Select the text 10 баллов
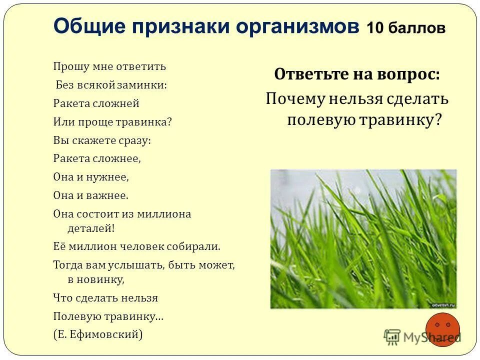(405, 28)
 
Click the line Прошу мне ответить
(109, 66)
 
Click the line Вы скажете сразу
(102, 140)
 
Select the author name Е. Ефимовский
(98, 335)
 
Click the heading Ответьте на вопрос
(357, 74)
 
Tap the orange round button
(442, 330)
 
